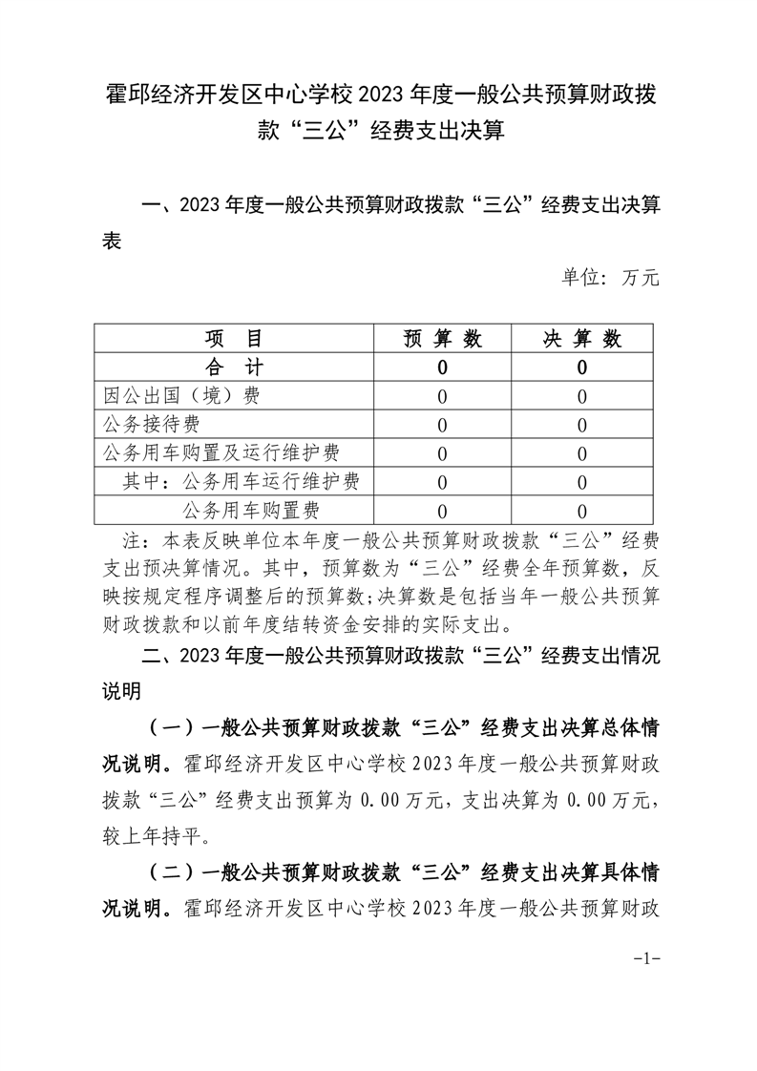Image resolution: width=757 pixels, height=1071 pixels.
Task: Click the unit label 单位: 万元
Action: (x=610, y=279)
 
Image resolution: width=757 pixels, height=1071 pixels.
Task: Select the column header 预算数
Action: (x=442, y=339)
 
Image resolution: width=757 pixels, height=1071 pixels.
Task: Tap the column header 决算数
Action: (x=582, y=339)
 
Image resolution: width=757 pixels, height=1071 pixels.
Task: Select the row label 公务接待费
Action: (x=151, y=424)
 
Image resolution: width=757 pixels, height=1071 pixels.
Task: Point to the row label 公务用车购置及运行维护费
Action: (x=221, y=452)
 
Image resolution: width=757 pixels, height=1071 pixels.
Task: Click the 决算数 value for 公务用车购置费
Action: (x=582, y=511)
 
